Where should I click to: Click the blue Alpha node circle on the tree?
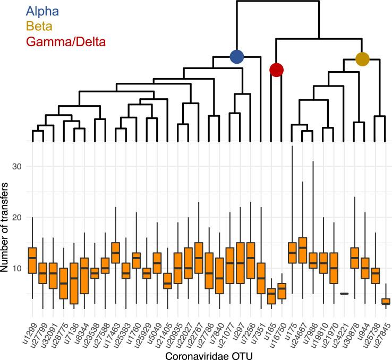tap(237, 56)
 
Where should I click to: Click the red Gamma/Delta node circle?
tap(276, 70)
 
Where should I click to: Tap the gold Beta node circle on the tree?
tap(362, 59)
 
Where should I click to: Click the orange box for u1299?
tap(32, 260)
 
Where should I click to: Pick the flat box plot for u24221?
tap(344, 294)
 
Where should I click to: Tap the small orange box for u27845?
tap(386, 301)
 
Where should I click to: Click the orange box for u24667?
tap(303, 250)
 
